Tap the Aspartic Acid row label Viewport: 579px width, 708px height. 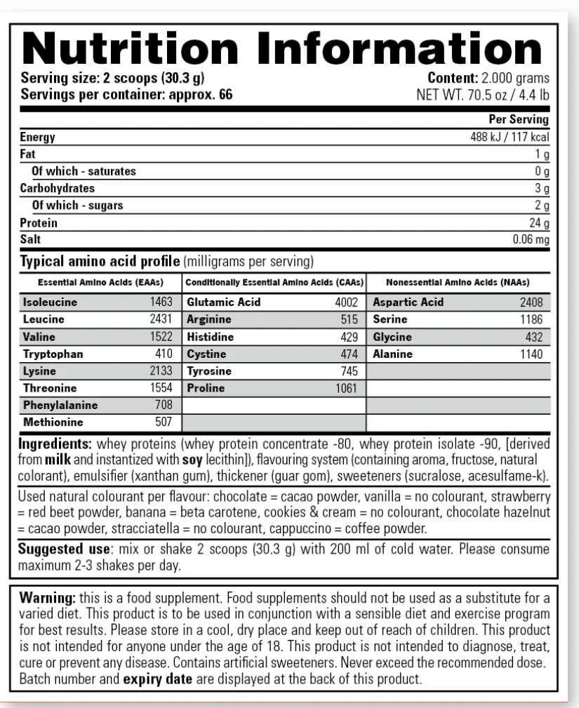click(408, 302)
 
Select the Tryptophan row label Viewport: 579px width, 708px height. click(53, 354)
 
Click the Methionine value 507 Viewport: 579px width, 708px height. click(162, 423)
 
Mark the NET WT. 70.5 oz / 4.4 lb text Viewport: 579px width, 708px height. click(484, 93)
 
